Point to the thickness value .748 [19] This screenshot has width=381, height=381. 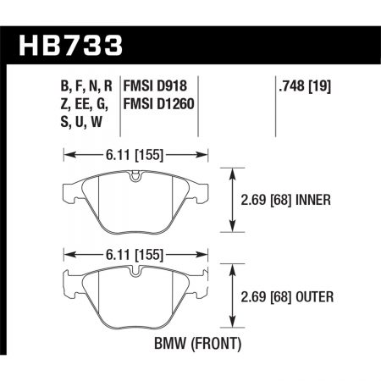point(302,85)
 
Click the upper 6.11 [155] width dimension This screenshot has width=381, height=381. point(136,155)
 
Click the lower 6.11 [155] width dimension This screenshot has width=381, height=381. point(136,251)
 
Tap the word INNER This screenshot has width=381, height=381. point(312,200)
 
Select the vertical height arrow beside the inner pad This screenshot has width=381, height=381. point(233,200)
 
